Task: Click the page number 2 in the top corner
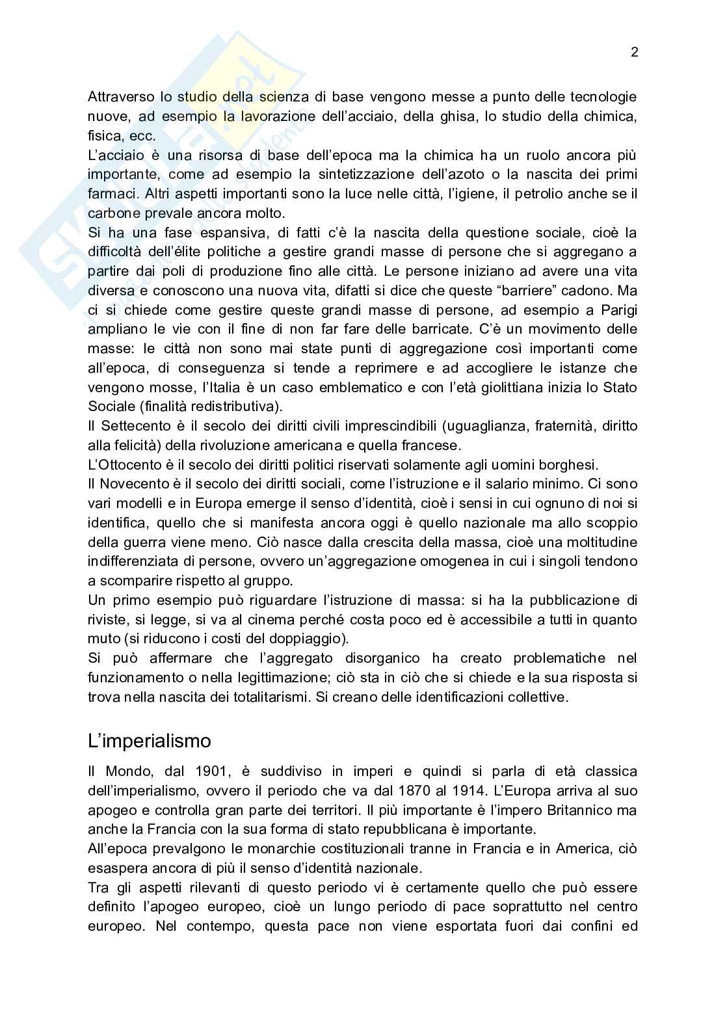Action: click(x=635, y=53)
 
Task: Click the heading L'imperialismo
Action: click(x=150, y=741)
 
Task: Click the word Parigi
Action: click(x=613, y=310)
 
